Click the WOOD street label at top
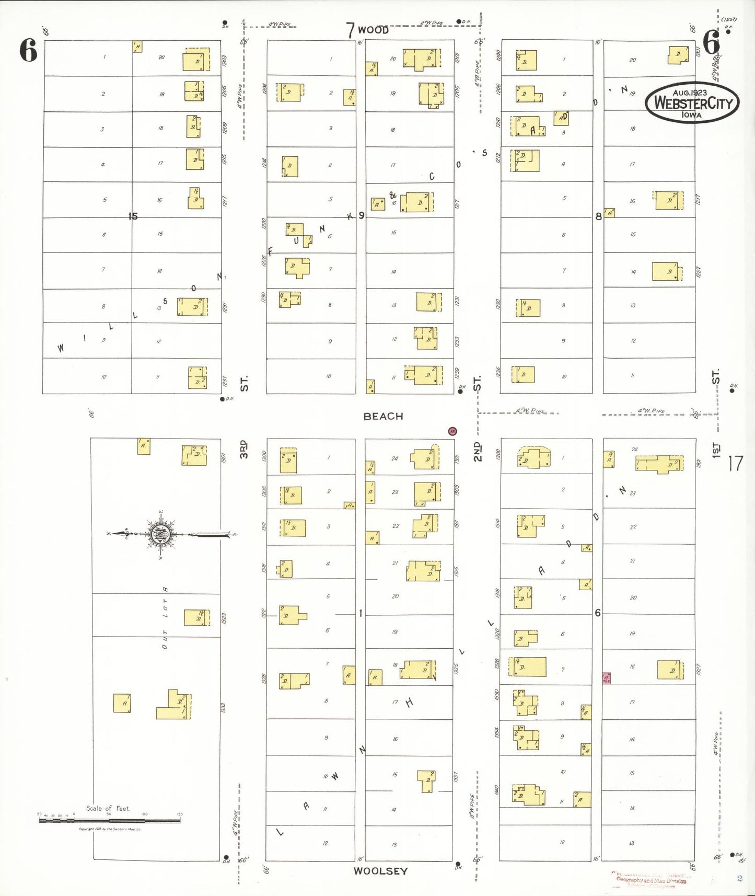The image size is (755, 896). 373,30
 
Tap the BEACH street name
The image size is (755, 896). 383,416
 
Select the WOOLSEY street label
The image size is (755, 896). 380,871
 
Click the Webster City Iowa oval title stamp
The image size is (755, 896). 692,102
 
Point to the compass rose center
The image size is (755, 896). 159,534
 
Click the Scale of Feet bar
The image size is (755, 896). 110,820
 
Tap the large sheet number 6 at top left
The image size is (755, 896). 29,51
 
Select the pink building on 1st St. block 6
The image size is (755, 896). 606,678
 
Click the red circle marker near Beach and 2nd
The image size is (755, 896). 452,431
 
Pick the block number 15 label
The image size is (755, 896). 133,216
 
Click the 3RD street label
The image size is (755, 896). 243,450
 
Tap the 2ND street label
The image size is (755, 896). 477,452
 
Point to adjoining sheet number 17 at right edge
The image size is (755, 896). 735,463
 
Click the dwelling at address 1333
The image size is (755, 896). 175,705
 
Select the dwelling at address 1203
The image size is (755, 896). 196,61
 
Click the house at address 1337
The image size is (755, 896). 426,781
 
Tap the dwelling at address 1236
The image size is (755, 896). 523,374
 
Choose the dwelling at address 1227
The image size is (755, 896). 667,271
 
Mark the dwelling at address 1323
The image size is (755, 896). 196,617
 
